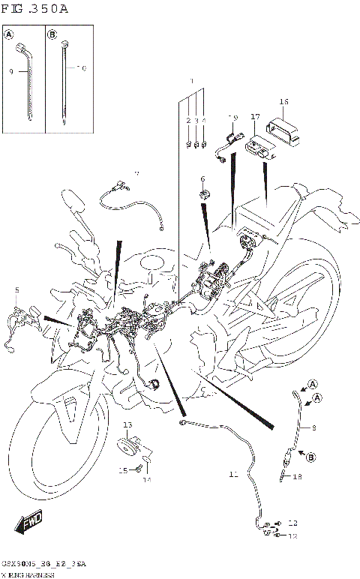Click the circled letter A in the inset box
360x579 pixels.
pos(10,34)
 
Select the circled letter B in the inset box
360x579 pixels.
pos(52,34)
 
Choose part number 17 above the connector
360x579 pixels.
pos(255,117)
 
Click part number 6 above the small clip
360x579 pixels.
pos(202,178)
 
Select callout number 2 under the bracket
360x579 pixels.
pos(188,120)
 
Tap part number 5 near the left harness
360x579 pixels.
pos(16,289)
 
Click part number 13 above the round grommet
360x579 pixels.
pos(127,425)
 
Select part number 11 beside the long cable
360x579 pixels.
pos(232,474)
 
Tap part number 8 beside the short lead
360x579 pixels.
pos(313,427)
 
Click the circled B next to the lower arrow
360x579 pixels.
pos(310,454)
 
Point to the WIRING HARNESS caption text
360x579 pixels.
pos(27,574)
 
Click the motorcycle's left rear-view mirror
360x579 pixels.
pos(73,201)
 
